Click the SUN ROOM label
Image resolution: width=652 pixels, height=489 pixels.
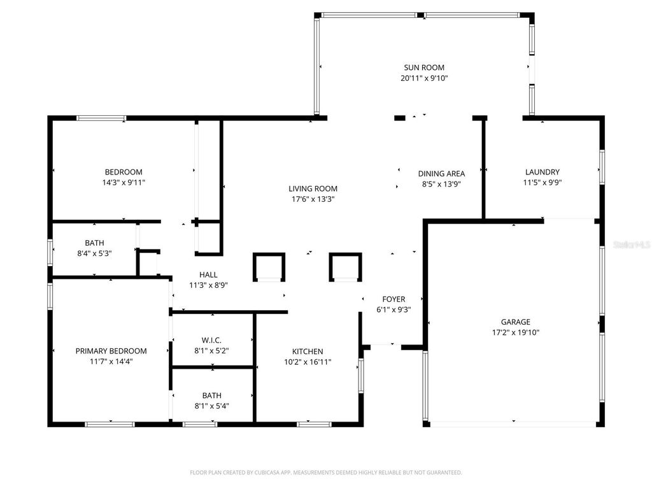click(423, 67)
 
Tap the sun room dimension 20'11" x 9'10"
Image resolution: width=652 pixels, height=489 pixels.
click(423, 78)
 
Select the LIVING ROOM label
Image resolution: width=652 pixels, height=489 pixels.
click(313, 188)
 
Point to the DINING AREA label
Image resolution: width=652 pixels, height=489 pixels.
click(441, 173)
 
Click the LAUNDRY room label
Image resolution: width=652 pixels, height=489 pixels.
click(542, 172)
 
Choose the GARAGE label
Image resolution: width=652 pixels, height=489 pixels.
click(515, 322)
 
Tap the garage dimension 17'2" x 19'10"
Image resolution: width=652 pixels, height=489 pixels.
click(515, 332)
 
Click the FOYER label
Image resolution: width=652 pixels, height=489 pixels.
click(393, 299)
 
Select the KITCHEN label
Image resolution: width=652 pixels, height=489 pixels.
click(308, 351)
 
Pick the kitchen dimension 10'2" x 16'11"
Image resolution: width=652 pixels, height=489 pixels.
click(308, 362)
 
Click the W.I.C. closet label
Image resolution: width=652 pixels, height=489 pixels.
click(212, 340)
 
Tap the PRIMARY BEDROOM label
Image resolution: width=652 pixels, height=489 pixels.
click(111, 351)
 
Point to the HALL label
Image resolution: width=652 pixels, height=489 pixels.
click(208, 275)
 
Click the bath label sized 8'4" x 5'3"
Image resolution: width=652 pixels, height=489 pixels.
click(94, 243)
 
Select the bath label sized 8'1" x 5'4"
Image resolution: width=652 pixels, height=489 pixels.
click(212, 395)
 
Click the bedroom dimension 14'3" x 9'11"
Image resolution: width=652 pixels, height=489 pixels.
click(124, 182)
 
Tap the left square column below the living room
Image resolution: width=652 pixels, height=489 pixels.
click(269, 267)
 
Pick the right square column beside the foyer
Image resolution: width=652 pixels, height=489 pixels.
click(345, 267)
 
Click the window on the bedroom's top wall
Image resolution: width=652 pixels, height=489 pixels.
click(101, 118)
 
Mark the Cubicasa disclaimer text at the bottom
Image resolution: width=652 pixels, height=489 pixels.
click(326, 472)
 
